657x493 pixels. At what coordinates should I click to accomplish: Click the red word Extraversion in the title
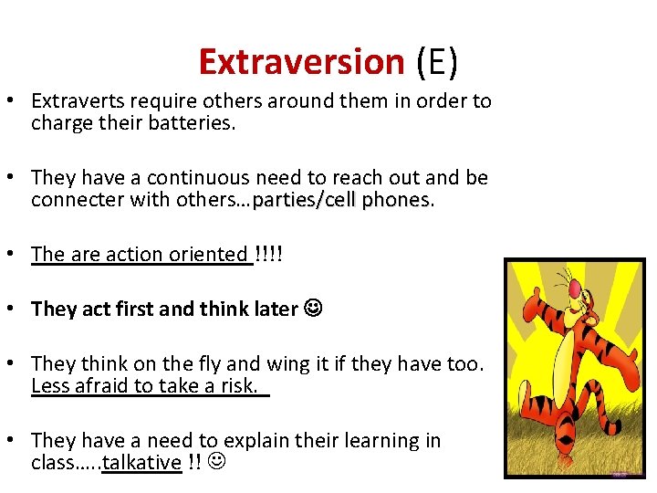coord(301,62)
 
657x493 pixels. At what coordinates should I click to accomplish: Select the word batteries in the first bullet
coord(195,122)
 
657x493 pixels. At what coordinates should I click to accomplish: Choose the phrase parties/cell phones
coord(341,199)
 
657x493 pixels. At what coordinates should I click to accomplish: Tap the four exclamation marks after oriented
coord(269,254)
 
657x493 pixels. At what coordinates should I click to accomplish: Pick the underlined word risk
coord(239,385)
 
